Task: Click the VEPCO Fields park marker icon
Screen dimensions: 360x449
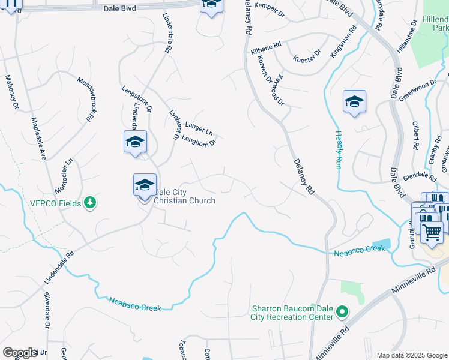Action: pos(90,203)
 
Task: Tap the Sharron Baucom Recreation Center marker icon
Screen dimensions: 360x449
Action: pos(342,311)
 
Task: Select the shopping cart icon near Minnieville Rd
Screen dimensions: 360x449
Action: pos(432,231)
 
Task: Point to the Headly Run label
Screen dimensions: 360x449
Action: pos(339,149)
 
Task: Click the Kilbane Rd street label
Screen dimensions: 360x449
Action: pos(266,46)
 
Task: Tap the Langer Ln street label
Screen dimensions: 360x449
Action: pos(199,128)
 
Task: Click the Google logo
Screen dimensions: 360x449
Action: pos(20,353)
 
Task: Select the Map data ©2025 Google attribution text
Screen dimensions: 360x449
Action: pos(411,355)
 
